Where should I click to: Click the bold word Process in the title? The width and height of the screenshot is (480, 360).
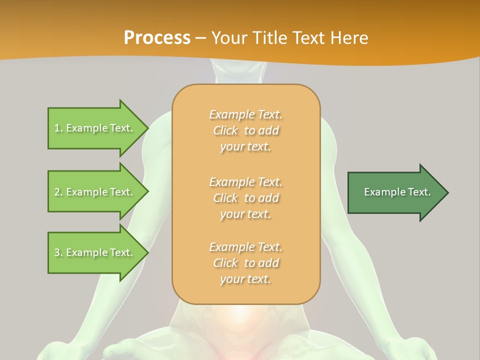pos(157,37)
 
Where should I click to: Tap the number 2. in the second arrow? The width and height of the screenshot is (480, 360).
pos(58,192)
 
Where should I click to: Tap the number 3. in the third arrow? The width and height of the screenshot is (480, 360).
pos(58,252)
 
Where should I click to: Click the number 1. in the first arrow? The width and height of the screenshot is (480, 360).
pos(58,128)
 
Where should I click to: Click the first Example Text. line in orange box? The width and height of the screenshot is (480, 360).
pos(245,114)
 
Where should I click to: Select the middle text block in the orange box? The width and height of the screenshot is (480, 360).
pos(245,198)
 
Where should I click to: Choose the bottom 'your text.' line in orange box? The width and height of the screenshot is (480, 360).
pos(245,279)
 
